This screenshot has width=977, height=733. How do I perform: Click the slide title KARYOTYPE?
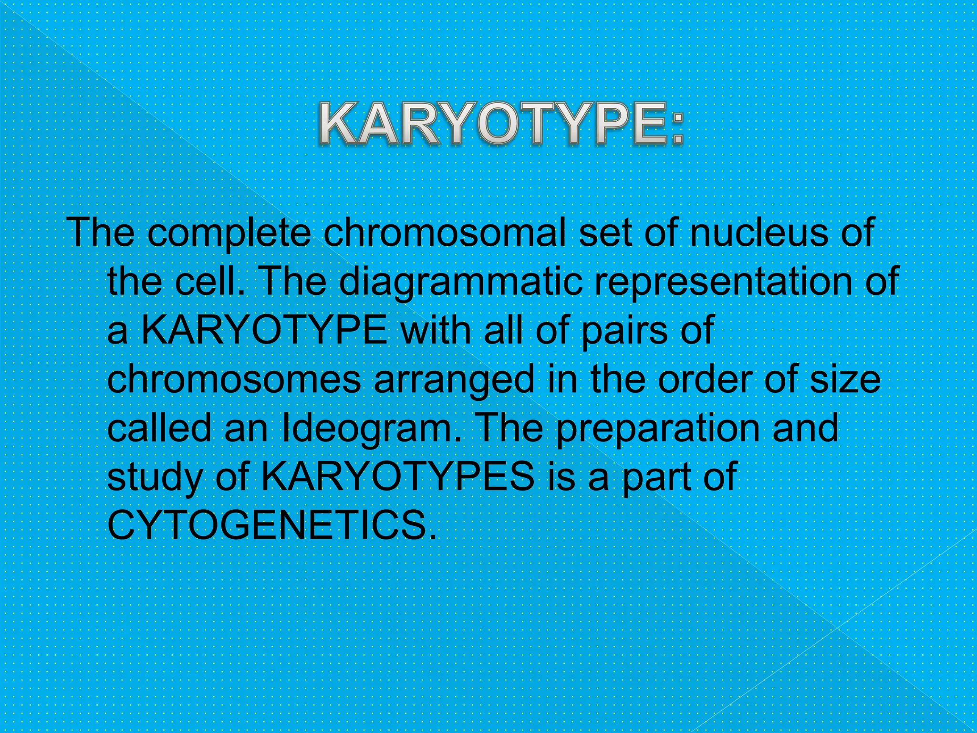[501, 124]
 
